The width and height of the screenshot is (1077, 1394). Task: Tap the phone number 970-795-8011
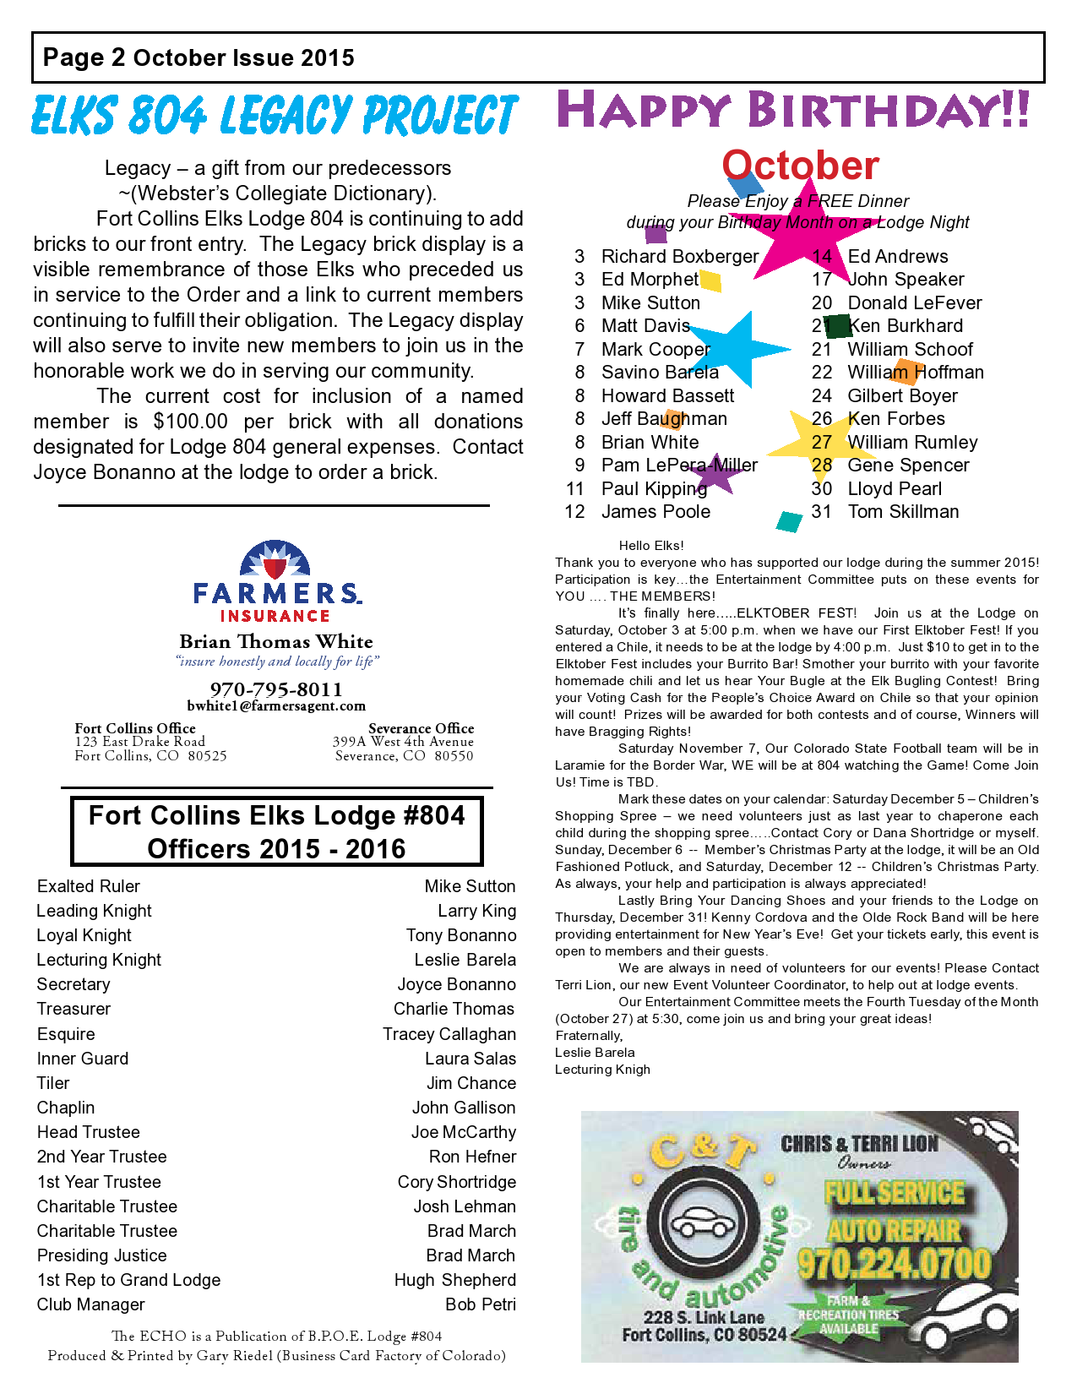[x=276, y=689]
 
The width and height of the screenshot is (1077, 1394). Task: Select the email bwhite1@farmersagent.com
[x=276, y=705]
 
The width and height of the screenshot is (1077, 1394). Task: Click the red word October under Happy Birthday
[x=800, y=166]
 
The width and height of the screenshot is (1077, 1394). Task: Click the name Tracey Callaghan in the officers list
[x=449, y=1034]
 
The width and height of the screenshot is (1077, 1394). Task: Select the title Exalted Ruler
[x=89, y=886]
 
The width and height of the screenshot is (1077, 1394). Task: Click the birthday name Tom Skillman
[x=903, y=511]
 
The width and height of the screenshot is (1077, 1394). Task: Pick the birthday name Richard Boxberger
[x=680, y=256]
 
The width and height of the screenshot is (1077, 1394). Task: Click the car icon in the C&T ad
[x=703, y=1223]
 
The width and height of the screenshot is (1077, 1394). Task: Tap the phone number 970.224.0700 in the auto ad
[x=894, y=1265]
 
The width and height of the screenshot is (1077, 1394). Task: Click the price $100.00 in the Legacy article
[x=191, y=421]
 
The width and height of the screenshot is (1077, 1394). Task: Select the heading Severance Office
[x=421, y=728]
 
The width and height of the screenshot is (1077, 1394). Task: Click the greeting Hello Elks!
[x=651, y=546]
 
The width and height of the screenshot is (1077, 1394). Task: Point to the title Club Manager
[x=91, y=1304]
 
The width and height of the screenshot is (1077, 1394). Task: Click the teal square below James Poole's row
[x=789, y=521]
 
